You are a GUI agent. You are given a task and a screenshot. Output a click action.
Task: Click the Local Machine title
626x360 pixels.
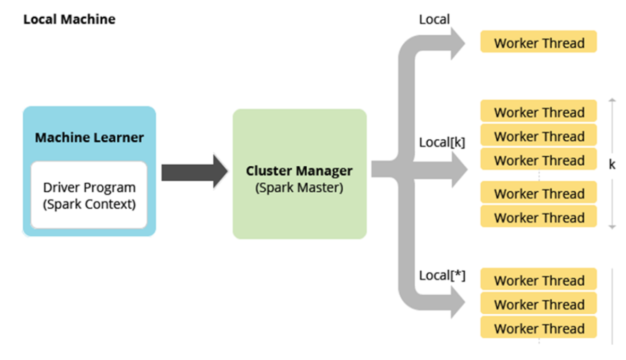tap(69, 20)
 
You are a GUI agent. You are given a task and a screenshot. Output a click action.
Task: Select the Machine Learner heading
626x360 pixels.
tap(89, 138)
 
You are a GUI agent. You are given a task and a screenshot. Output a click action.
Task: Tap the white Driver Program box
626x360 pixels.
tap(89, 195)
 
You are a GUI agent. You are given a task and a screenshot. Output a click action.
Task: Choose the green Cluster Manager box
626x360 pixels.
tap(300, 174)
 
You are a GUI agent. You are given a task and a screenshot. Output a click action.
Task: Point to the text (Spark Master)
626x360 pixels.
tap(299, 188)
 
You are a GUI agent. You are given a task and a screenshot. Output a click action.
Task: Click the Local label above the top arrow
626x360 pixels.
tap(434, 20)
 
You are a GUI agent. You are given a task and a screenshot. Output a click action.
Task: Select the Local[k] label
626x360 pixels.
tap(442, 142)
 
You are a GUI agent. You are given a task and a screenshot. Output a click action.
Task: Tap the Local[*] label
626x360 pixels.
tap(442, 275)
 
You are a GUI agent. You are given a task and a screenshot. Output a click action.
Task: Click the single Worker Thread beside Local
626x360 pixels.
tap(538, 43)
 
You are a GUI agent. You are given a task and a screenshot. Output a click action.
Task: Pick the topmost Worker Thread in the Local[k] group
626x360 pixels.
tap(538, 112)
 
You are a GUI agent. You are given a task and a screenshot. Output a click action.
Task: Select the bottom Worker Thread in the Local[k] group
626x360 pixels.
tap(538, 217)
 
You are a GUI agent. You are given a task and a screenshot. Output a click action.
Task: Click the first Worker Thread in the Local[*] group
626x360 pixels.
tap(538, 280)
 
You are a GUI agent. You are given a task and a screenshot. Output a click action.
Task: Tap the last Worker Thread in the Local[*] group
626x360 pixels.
tap(538, 328)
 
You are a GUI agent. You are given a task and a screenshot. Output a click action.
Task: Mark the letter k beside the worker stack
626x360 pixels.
tap(613, 165)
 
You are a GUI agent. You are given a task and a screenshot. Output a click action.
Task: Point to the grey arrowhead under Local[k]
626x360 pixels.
tap(458, 169)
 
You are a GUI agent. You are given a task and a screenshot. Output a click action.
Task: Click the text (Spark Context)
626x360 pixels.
tap(89, 204)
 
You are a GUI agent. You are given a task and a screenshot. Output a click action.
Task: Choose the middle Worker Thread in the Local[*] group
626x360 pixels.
tap(538, 304)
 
